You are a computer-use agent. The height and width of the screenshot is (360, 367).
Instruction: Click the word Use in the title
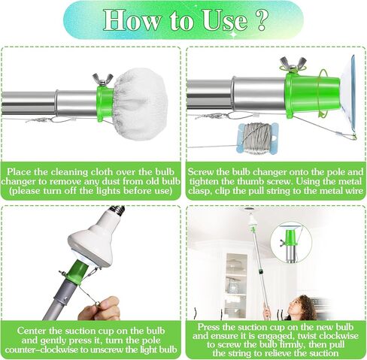pyautogui.click(x=225, y=20)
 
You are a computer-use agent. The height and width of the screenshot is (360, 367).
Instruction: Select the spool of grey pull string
pyautogui.click(x=257, y=138)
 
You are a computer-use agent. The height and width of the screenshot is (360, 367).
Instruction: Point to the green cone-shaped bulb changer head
pyautogui.click(x=312, y=96)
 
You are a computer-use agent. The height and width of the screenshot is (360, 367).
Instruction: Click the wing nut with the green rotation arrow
pyautogui.click(x=293, y=65)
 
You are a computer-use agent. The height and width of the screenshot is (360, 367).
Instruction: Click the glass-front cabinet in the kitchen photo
pyautogui.click(x=236, y=285)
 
